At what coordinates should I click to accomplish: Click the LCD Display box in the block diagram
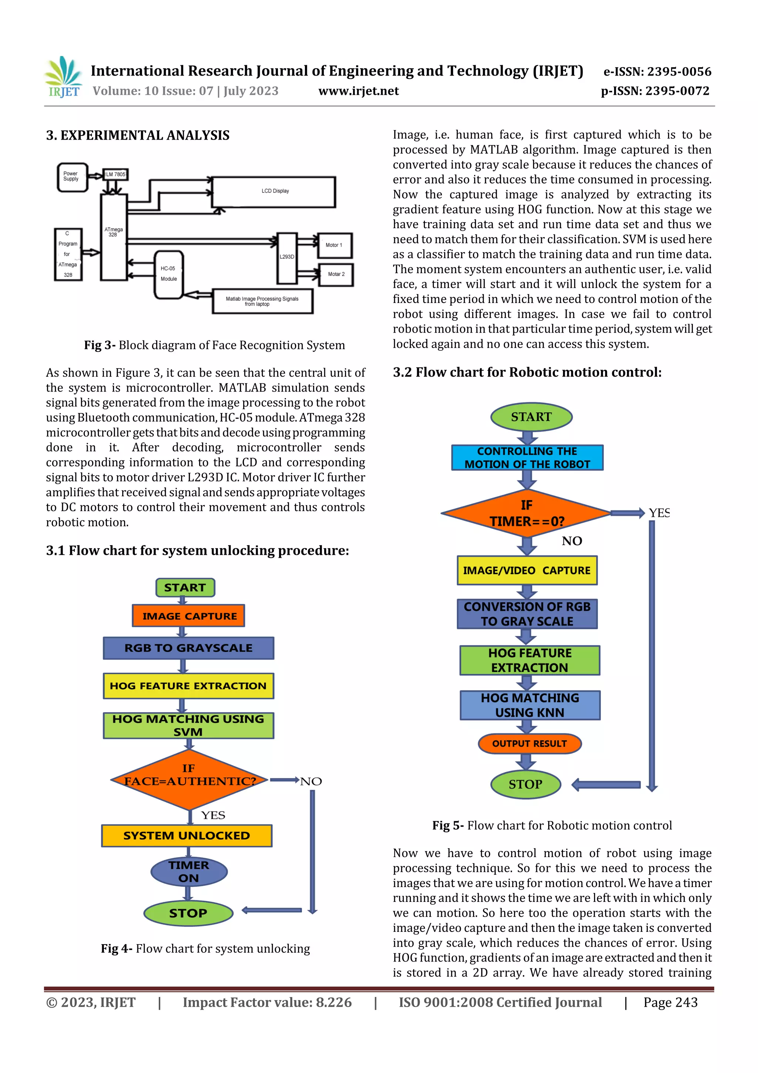pos(274,191)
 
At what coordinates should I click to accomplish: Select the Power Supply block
pos(72,177)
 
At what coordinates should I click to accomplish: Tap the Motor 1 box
pos(334,245)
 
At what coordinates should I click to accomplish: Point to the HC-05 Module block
pos(169,274)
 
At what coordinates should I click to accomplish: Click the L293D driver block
pos(287,258)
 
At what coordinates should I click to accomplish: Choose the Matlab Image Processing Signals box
pos(262,301)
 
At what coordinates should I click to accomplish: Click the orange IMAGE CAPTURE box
pos(189,616)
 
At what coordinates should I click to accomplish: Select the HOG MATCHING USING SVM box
pos(188,725)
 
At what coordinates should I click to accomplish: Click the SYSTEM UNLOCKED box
pos(187,836)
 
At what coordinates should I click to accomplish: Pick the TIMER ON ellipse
pos(189,872)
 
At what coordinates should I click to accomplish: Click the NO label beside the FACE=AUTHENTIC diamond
pos(311,782)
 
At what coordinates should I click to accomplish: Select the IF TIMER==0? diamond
pos(526,513)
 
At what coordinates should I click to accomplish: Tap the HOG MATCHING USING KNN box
pos(530,705)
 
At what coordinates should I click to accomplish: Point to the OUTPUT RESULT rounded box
pos(529,743)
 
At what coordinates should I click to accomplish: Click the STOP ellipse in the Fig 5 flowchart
pos(526,784)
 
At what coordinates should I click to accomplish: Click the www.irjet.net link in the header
pos(358,91)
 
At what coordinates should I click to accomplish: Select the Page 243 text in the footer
pos(670,1002)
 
